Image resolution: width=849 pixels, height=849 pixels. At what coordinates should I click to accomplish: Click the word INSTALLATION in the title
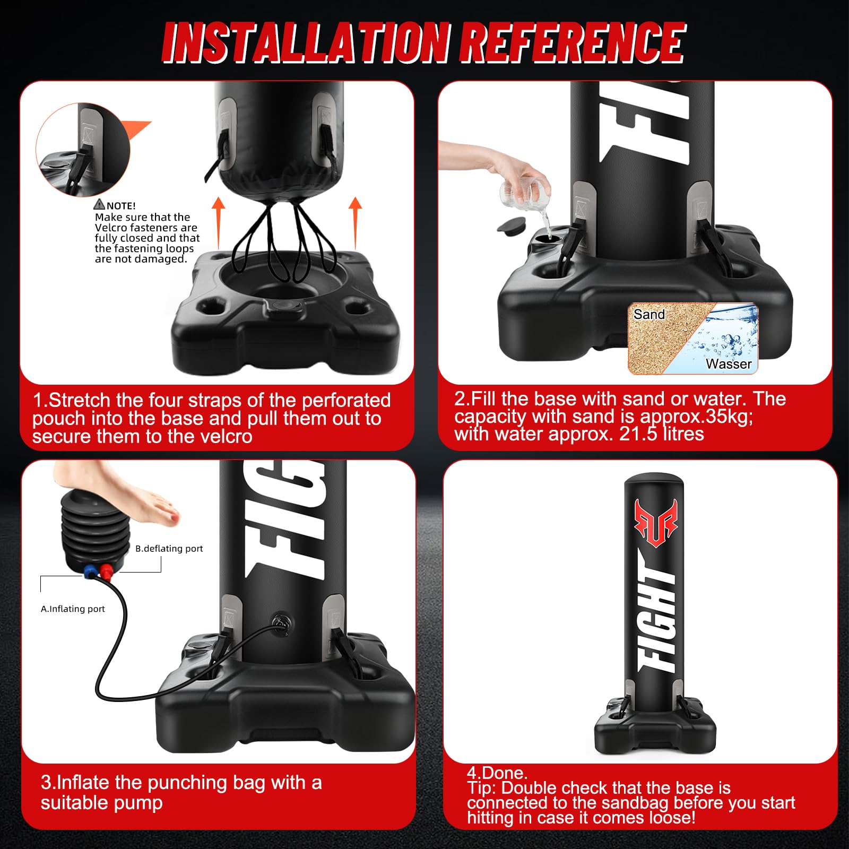(306, 42)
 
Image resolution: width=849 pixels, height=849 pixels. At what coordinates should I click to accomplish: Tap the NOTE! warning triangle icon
(99, 204)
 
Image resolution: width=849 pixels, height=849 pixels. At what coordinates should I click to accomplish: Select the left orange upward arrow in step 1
(219, 223)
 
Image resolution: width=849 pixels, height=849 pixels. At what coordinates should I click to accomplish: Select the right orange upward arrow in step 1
(356, 223)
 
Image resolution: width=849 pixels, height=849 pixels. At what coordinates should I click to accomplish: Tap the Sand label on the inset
(649, 314)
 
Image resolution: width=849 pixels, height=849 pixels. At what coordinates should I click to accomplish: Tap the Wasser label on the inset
(729, 363)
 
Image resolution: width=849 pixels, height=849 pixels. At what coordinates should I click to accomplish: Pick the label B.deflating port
(169, 548)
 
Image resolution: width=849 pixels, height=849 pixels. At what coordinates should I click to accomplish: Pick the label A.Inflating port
(73, 609)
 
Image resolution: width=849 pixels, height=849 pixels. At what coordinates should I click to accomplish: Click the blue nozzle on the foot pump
(90, 573)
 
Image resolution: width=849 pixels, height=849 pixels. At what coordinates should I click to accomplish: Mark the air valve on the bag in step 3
(279, 621)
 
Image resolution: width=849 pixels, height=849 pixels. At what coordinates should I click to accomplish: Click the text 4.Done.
(497, 773)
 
